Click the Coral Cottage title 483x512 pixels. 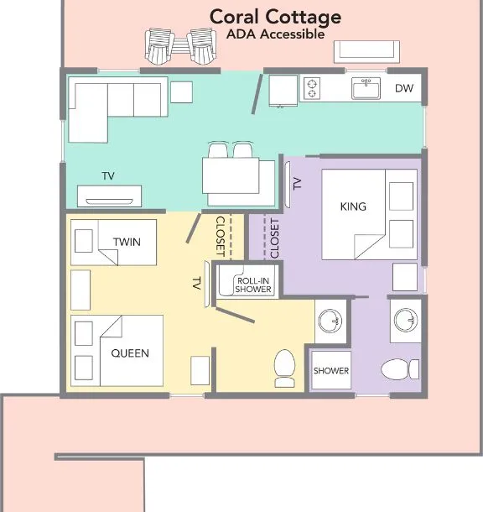(x=275, y=18)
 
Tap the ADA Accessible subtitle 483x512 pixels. (x=275, y=34)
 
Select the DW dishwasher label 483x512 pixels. (x=404, y=88)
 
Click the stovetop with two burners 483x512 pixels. (x=312, y=88)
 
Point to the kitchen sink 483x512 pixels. (x=366, y=88)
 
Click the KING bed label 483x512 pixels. (x=353, y=206)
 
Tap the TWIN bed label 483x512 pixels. (x=127, y=242)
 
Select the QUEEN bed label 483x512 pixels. (x=130, y=353)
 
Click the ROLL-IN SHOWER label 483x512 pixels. (x=253, y=285)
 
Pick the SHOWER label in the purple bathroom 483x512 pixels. (x=331, y=371)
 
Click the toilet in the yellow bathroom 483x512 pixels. (x=285, y=368)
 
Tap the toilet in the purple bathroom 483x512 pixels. (x=400, y=369)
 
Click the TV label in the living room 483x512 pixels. (x=108, y=176)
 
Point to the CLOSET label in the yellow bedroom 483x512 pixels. (x=221, y=236)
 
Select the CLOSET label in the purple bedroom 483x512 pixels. (x=274, y=238)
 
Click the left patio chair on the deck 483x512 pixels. (x=158, y=46)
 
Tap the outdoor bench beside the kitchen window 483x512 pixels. (x=366, y=51)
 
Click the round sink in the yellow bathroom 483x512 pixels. (x=330, y=321)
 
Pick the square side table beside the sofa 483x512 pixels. (x=181, y=92)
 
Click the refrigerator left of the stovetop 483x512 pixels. (x=283, y=91)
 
